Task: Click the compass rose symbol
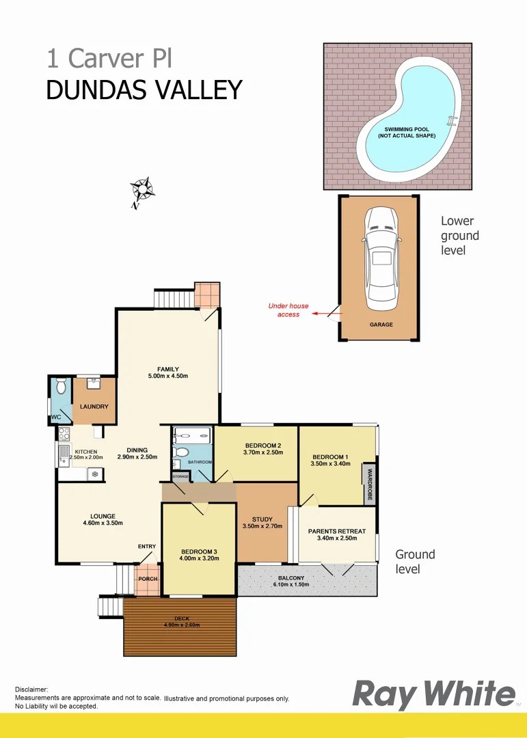coord(142,191)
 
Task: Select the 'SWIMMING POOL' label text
coord(406,129)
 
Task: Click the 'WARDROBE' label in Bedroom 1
coord(370,484)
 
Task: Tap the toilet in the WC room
coord(61,387)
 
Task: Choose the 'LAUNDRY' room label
coord(94,407)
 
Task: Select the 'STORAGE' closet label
coord(180,476)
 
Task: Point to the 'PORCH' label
coord(148,579)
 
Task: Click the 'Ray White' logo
coord(433,695)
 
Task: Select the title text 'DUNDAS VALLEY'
coord(144,90)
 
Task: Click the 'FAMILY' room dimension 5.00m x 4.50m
coord(167,377)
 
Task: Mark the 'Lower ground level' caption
coord(459,236)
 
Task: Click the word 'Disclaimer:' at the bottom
coord(31,690)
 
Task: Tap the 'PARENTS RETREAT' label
coord(337,531)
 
